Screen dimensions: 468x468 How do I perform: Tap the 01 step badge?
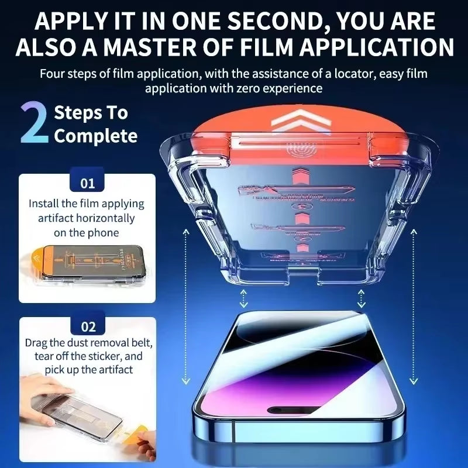(x=87, y=183)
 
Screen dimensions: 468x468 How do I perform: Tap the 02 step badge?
(x=88, y=326)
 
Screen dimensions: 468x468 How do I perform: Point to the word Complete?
(x=95, y=136)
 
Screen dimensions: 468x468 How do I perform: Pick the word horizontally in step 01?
(x=106, y=218)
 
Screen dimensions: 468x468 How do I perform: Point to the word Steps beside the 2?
(x=91, y=113)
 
